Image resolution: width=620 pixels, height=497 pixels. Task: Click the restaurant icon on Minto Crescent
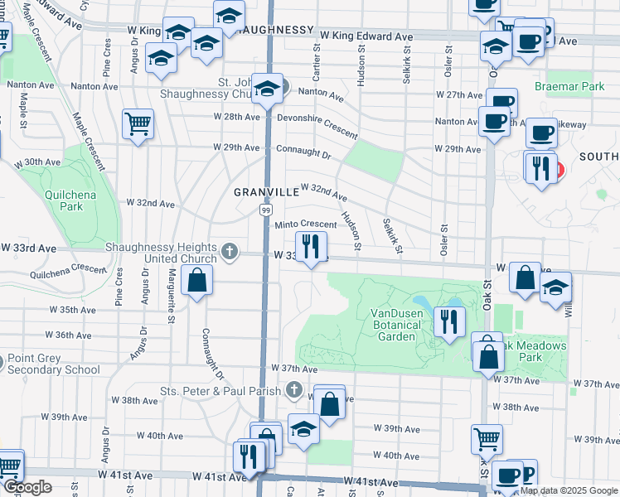click(x=312, y=246)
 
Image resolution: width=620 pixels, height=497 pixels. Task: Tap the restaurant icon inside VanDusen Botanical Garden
click(x=449, y=320)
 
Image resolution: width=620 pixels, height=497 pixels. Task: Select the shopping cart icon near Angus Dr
click(x=138, y=124)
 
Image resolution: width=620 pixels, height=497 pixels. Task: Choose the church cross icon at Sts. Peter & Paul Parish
click(x=293, y=388)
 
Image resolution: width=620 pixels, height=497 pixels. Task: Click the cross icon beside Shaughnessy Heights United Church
click(x=230, y=249)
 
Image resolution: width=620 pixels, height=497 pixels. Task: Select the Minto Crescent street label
click(x=305, y=224)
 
